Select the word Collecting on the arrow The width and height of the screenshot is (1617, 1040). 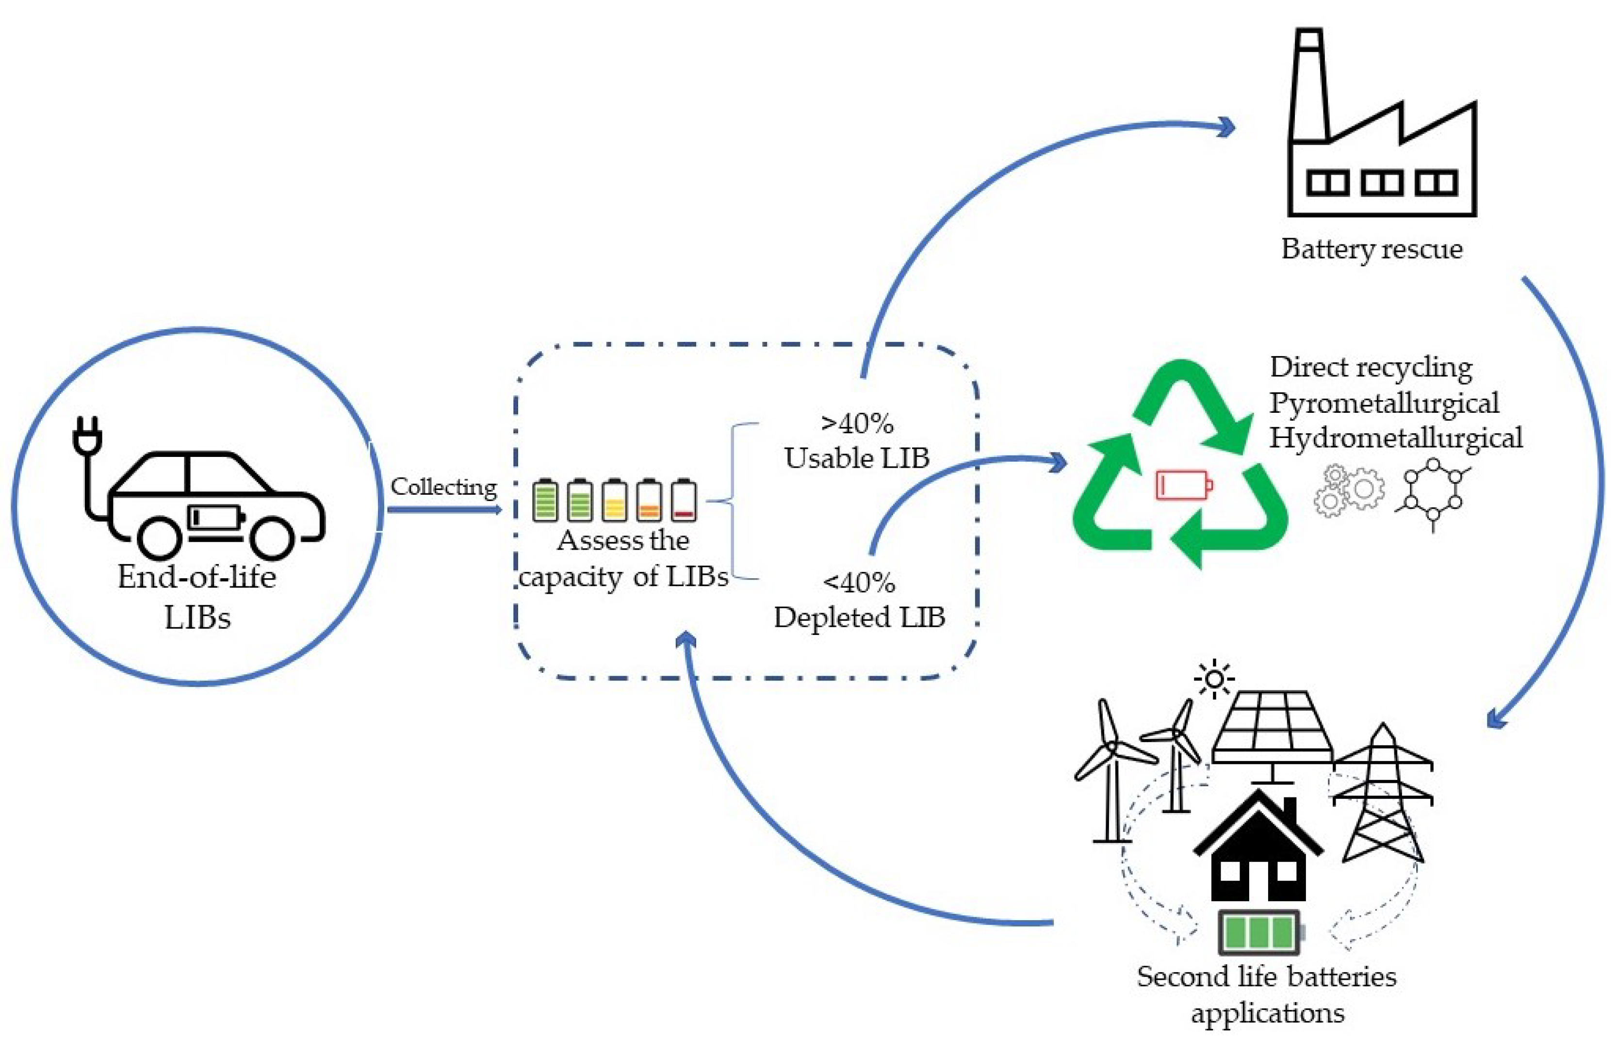444,487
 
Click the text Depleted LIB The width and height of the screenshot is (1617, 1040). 859,617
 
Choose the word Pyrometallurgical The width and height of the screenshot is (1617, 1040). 1384,403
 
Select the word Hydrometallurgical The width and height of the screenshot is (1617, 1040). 1395,438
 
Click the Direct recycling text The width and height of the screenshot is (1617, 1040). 1371,367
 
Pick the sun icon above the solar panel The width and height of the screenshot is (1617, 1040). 1214,679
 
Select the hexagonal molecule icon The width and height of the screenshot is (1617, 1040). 1433,493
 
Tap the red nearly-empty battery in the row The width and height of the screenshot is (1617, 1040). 684,501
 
